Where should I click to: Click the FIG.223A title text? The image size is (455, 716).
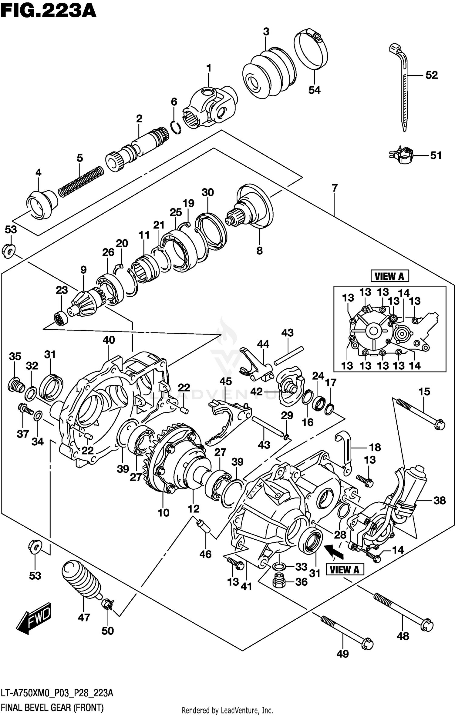pos(49,12)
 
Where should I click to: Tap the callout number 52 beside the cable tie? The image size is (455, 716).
pos(431,75)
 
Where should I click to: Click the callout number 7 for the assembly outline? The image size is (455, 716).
pos(334,188)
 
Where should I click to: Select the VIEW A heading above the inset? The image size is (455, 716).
pos(389,276)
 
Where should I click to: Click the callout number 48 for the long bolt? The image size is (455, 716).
pos(403,636)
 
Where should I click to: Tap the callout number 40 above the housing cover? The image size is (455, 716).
pos(109,340)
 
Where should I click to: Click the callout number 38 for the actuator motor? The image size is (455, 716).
pos(440,501)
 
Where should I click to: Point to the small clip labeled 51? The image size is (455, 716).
pos(401,155)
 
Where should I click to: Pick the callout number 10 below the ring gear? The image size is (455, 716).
pos(163,513)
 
